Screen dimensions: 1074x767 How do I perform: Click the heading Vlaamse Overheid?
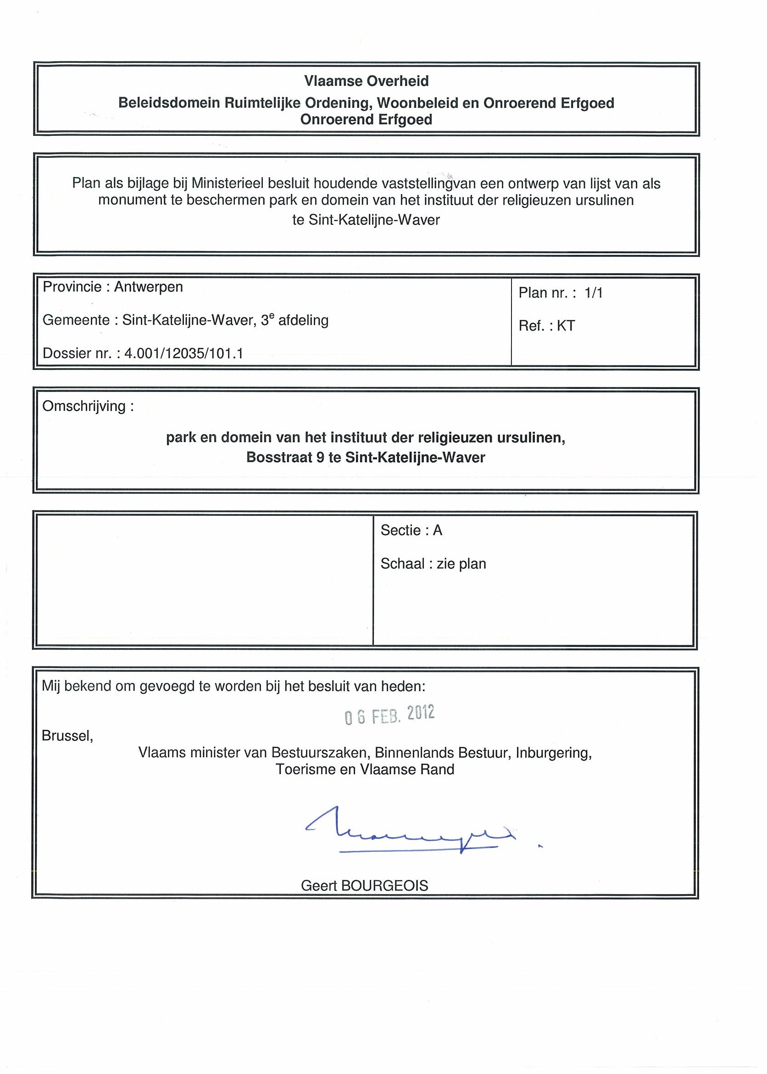(x=366, y=81)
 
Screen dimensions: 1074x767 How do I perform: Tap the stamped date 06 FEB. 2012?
(x=389, y=715)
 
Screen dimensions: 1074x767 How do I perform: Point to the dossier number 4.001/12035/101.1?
(x=183, y=353)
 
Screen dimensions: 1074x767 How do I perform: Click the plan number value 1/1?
(x=593, y=293)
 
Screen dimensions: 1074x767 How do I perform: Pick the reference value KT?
(x=566, y=326)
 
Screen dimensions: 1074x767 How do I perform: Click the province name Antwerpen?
(x=148, y=287)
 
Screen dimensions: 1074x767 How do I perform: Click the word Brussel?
(x=67, y=736)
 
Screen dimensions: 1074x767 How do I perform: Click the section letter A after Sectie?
(x=437, y=531)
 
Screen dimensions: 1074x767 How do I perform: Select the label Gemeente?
(x=76, y=320)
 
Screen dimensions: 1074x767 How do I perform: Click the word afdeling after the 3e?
(x=303, y=320)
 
